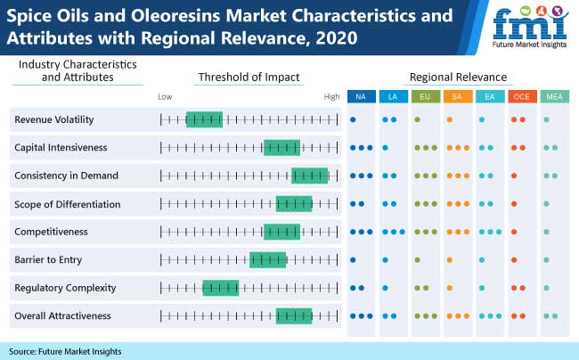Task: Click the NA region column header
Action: (361, 95)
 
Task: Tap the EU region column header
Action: (425, 95)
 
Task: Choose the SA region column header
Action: (457, 95)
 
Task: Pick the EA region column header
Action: (489, 95)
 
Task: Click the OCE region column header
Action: (520, 95)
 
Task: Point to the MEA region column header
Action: (552, 95)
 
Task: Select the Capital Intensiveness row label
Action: (61, 147)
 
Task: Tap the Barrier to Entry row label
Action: (48, 259)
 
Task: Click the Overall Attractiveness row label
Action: (62, 315)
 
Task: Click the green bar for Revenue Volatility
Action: (204, 119)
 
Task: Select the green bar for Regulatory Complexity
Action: (221, 288)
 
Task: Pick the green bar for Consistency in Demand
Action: (310, 176)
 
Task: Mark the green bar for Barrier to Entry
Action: (268, 259)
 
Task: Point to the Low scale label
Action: (165, 95)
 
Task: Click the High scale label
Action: (331, 95)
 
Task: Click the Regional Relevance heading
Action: (457, 77)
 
